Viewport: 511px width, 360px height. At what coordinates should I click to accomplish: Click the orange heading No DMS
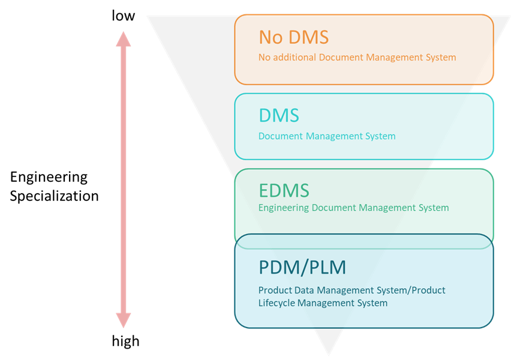(293, 37)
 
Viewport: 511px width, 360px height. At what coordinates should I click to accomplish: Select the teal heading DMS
(278, 115)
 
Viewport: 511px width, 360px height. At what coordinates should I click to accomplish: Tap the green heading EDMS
(284, 191)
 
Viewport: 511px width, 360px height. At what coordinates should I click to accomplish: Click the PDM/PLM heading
(302, 266)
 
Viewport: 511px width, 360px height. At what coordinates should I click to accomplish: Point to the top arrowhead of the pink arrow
(123, 39)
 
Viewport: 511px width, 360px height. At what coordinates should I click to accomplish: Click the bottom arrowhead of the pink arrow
(123, 320)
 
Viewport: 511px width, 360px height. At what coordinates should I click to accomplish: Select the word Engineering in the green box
(284, 208)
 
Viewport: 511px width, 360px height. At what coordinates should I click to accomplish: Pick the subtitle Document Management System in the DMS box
(327, 136)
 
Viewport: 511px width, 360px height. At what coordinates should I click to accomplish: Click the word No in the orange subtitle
(264, 58)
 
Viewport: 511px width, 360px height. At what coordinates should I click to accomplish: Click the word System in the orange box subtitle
(440, 58)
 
